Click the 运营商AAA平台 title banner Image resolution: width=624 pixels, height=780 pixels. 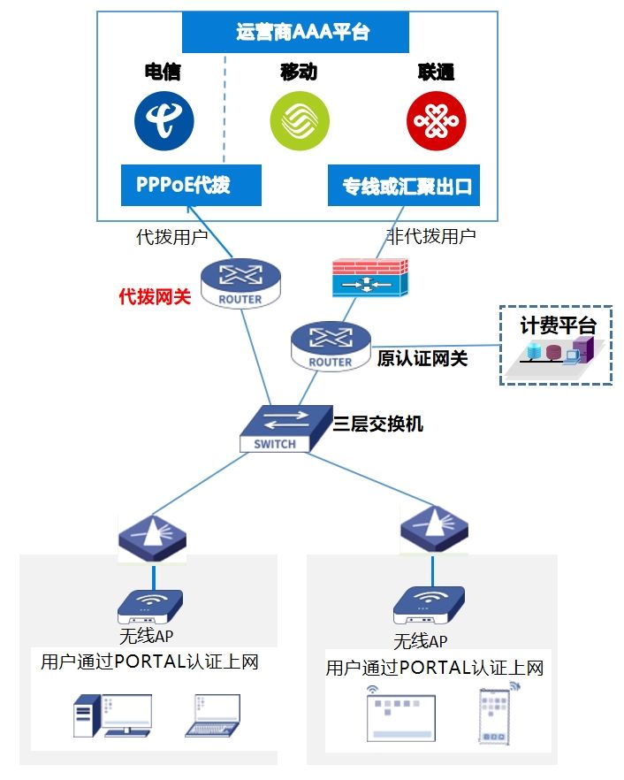tap(295, 33)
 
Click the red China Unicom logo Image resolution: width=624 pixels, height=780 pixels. tap(436, 121)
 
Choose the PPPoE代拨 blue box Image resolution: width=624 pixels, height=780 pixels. tap(191, 185)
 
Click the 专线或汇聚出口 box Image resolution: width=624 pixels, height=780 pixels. tap(403, 186)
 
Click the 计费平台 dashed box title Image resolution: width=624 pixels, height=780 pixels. tap(557, 325)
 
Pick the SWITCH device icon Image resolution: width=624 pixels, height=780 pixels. tap(275, 429)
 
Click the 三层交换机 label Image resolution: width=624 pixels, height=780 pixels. tap(378, 424)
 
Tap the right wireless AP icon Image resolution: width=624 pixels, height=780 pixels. tap(429, 605)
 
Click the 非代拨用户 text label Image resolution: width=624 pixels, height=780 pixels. tap(431, 236)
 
